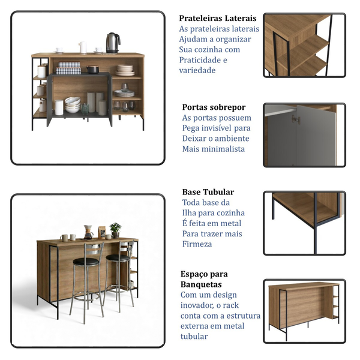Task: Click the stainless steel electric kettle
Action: coord(113,43)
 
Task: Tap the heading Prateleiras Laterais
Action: coord(218,18)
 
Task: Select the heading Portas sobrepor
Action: coord(214,107)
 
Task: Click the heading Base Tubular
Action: coord(208,192)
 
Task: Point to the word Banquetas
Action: coord(201,284)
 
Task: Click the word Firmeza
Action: coord(197,244)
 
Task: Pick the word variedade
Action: coord(197,70)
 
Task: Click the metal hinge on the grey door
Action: coord(296,119)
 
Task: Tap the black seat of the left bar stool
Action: coord(86,262)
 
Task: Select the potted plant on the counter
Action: coord(115,230)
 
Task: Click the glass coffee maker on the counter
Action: coord(88,232)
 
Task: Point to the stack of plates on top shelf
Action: coord(125,70)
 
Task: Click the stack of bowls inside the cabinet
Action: coord(73,104)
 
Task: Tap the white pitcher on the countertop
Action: coord(83,47)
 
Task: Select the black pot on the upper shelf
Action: coord(93,70)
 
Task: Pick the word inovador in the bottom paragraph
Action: coord(197,305)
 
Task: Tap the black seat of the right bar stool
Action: coord(118,258)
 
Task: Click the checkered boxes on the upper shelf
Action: coord(68,68)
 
